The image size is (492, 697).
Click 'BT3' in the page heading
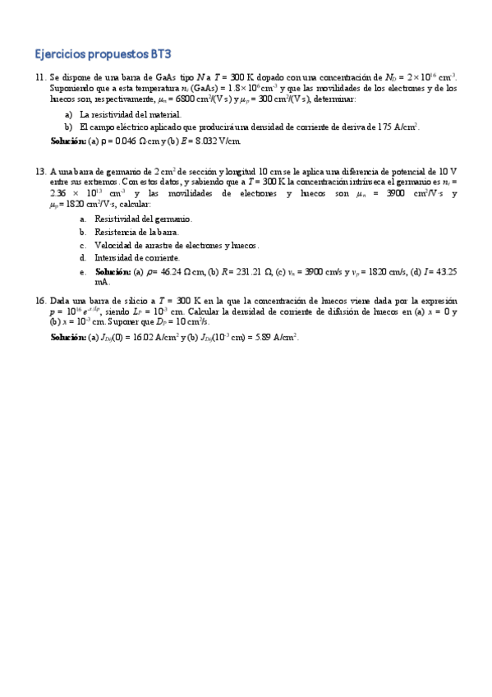coord(161,55)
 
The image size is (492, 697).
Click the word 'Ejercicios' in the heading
coord(60,55)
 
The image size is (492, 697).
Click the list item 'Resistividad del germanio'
coord(143,219)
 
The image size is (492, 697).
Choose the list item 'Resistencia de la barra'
coord(136,233)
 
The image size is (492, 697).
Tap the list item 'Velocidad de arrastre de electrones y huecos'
coord(177,245)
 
